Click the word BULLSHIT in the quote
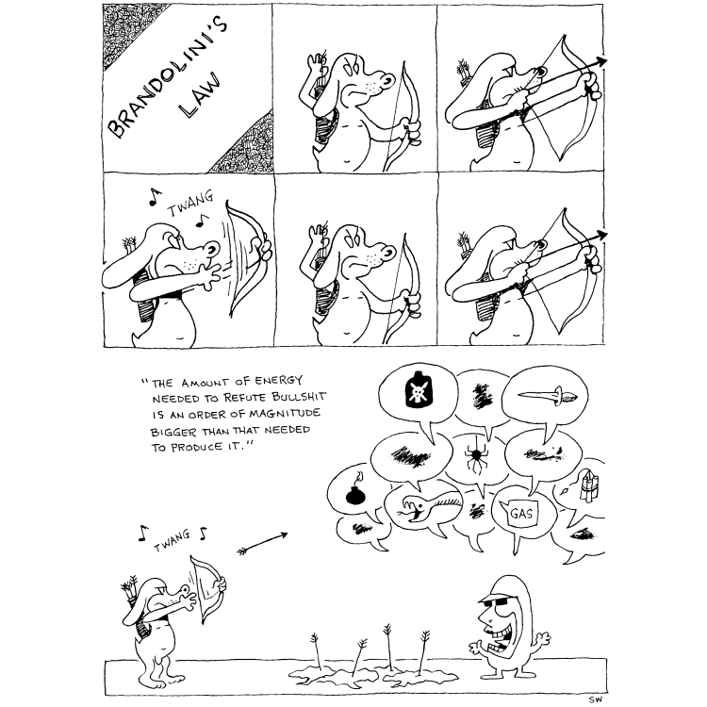[299, 397]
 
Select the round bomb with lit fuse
[355, 490]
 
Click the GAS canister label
[521, 514]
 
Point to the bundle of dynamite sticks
[589, 485]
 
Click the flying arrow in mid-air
[262, 543]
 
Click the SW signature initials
[595, 699]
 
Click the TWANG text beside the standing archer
[173, 541]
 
